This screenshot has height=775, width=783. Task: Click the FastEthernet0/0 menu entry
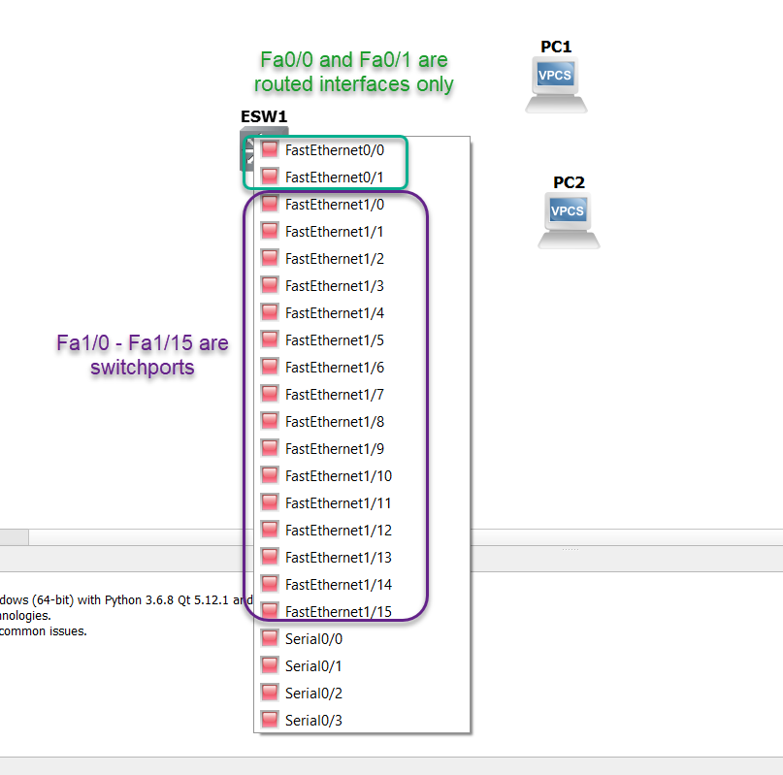334,150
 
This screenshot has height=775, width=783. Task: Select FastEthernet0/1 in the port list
334,178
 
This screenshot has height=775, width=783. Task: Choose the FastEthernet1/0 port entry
334,205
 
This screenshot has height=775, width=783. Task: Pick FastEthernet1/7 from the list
334,395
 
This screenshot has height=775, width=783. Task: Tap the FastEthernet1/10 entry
338,476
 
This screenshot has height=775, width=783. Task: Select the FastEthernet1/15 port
338,612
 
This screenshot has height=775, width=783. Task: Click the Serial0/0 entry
313,639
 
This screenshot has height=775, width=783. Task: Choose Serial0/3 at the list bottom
313,721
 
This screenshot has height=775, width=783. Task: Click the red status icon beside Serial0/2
270,693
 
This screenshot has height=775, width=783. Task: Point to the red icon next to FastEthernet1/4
270,312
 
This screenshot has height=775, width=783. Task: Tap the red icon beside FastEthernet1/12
270,530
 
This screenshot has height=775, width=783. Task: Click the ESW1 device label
264,116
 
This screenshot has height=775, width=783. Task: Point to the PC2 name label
569,182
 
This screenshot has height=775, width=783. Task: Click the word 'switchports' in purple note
143,368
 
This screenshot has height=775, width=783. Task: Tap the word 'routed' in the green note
282,83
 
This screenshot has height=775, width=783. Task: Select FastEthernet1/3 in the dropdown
334,286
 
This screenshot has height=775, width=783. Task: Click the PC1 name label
556,47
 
